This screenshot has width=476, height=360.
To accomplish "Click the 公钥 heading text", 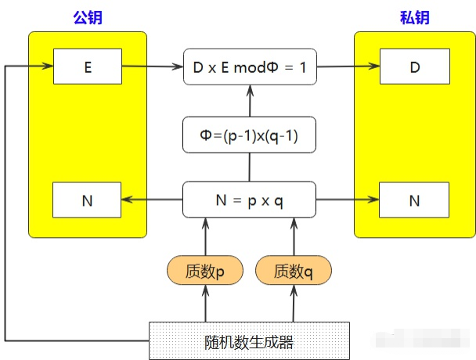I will tap(88, 16).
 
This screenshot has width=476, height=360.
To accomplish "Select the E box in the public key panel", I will tap(87, 67).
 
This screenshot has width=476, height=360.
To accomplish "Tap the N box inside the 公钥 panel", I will tap(87, 200).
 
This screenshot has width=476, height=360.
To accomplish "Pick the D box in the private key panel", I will tap(414, 67).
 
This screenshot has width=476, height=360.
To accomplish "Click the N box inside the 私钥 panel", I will tap(414, 200).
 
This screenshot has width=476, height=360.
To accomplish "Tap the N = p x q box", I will tap(249, 200).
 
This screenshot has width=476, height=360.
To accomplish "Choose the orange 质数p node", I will tap(205, 271).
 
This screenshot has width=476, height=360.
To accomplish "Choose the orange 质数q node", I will tap(293, 271).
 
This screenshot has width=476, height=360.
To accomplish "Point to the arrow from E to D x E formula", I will tap(152, 67).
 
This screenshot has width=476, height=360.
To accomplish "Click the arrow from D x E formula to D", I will tap(348, 67).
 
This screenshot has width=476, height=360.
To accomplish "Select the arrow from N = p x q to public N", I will tap(152, 200).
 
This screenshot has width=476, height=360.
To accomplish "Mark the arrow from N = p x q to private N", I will tap(348, 200).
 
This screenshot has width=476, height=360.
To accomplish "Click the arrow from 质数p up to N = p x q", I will tap(206, 236).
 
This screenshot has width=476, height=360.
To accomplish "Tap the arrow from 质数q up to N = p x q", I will tap(293, 236).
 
